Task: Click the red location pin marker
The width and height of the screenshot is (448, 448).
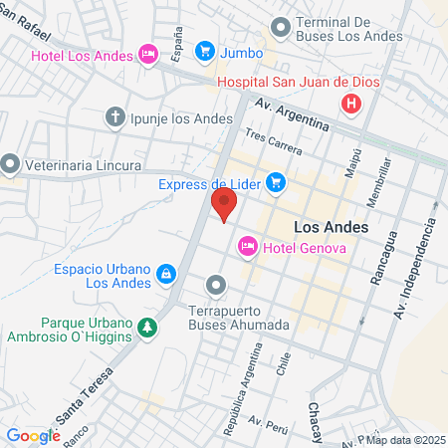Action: [x=224, y=205]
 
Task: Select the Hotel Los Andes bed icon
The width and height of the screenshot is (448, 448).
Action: [x=148, y=53]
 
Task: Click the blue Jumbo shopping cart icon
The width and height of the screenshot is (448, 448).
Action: [x=205, y=50]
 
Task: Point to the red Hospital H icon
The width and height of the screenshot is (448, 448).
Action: [x=350, y=103]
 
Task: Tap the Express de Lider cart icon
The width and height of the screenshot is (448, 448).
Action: [x=276, y=182]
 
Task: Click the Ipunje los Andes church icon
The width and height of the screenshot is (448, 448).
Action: [x=115, y=117]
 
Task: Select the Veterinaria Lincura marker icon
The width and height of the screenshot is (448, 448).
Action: [x=11, y=161]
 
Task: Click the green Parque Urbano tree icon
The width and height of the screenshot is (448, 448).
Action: [x=147, y=327]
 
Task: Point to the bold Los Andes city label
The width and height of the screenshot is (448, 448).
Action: [x=332, y=227]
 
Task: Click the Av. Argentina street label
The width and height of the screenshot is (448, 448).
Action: [x=291, y=114]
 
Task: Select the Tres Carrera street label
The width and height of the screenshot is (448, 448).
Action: [x=273, y=142]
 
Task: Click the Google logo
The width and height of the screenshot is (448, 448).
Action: [x=33, y=435]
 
